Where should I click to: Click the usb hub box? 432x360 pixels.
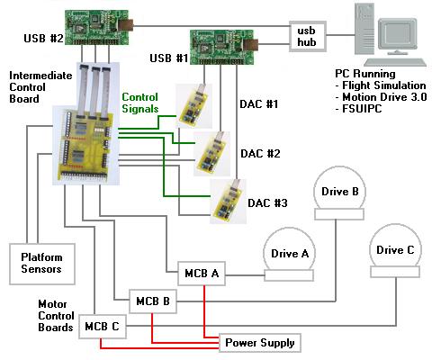[308, 37]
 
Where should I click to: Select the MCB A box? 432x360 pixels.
[202, 274]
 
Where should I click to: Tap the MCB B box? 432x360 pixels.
[153, 301]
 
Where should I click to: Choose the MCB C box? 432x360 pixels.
[103, 327]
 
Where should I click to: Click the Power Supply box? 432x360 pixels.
[260, 343]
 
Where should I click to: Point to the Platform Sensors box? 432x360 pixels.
[42, 264]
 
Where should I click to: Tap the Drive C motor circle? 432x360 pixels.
[395, 246]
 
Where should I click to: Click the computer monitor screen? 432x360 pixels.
[398, 34]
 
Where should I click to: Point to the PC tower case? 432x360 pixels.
[364, 29]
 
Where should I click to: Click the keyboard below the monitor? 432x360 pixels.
[395, 62]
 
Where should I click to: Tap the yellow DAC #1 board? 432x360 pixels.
[193, 106]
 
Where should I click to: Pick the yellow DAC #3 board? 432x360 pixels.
[228, 202]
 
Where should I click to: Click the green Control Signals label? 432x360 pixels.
[140, 103]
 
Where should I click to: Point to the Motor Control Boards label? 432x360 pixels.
[56, 316]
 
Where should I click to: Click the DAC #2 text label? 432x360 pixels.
[260, 154]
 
